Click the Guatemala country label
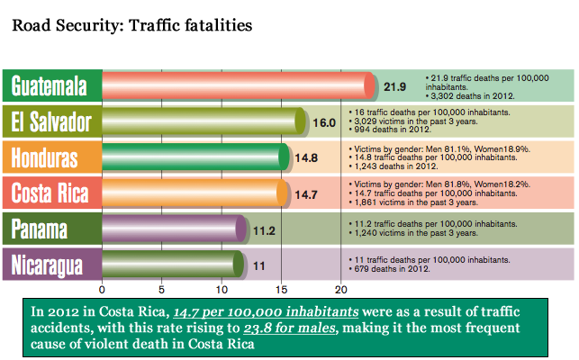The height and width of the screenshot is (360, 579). tap(50, 86)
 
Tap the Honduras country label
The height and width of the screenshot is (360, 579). tap(50, 157)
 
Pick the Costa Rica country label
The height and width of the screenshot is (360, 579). tap(50, 193)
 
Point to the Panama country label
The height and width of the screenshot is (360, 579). tap(50, 229)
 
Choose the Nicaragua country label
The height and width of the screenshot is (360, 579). tap(50, 264)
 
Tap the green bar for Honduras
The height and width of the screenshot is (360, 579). tap(195, 157)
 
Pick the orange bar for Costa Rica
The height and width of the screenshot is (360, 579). tap(194, 193)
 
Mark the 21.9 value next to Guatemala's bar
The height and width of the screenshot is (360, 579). tap(395, 87)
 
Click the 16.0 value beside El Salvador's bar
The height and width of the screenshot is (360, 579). tap(324, 122)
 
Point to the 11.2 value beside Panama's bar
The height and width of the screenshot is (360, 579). tap(264, 229)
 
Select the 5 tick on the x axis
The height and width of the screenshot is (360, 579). tap(162, 290)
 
